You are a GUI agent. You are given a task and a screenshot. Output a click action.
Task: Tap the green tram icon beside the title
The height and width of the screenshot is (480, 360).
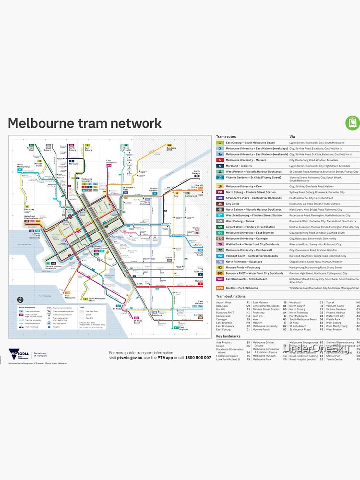[352, 122]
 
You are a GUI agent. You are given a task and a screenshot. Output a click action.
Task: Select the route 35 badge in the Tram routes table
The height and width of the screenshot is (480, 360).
[220, 204]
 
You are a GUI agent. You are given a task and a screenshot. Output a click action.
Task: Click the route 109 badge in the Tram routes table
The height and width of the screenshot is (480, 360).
[220, 288]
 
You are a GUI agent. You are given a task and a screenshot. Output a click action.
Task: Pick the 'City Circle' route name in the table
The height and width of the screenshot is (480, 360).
[233, 204]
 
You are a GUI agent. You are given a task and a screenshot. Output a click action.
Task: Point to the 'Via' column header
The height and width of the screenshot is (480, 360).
[292, 137]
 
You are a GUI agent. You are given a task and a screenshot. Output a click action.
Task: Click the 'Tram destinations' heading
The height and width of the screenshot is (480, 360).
[231, 296]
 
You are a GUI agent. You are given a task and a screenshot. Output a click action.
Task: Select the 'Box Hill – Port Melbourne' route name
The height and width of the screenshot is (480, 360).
[242, 288]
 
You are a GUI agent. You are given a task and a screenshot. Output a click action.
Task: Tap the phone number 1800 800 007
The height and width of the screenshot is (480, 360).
[198, 358]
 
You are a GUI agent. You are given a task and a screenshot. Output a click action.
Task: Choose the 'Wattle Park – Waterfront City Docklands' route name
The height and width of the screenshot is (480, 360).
[252, 244]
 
